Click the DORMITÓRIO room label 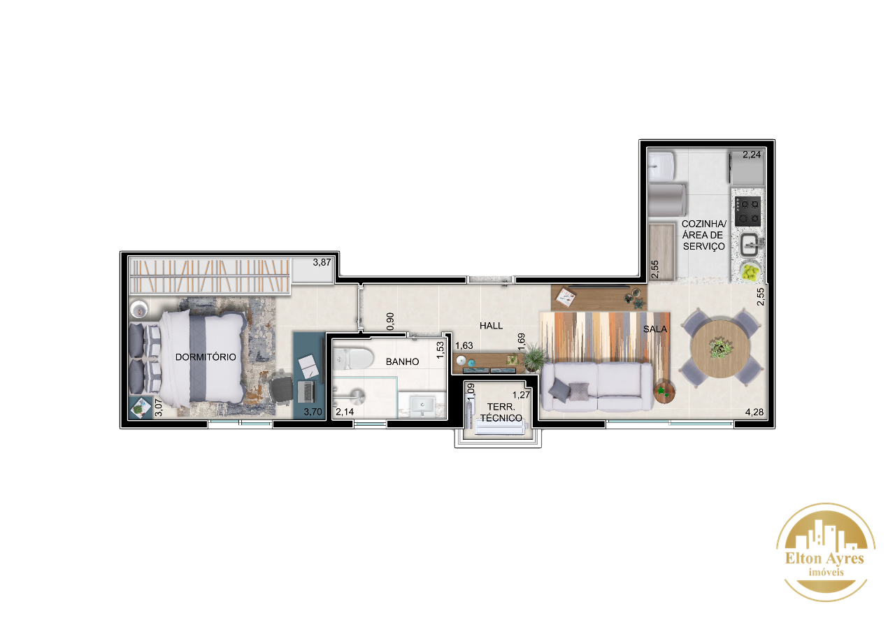click(x=206, y=357)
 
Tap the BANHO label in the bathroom click(x=402, y=362)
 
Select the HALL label click(x=491, y=326)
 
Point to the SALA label click(x=655, y=329)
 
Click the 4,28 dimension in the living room click(x=754, y=412)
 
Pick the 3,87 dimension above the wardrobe click(x=322, y=262)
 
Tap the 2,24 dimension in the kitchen click(x=752, y=155)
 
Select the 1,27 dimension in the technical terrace click(x=521, y=395)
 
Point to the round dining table click(x=721, y=349)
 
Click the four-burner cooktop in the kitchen click(x=747, y=211)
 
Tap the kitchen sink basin click(x=750, y=245)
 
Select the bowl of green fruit click(x=750, y=273)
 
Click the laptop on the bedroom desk click(x=306, y=392)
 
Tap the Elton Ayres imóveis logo click(x=826, y=552)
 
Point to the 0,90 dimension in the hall click(x=390, y=321)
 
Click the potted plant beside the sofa click(x=534, y=357)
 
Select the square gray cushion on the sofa click(x=578, y=391)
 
